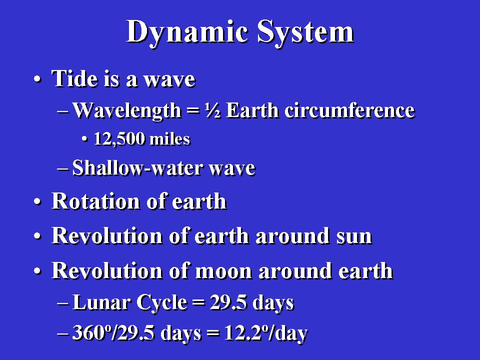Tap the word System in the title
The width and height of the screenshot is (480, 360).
305,32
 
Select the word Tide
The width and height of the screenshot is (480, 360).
75,78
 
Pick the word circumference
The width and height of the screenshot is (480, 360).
349,110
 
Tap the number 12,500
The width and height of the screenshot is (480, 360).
119,139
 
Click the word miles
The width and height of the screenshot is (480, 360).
170,139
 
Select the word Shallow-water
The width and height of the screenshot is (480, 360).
138,168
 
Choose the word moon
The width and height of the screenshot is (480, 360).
223,271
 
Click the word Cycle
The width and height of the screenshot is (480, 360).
161,303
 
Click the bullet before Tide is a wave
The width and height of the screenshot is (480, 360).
37,79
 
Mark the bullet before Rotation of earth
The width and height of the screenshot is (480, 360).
37,202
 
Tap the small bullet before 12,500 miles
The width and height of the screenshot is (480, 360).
85,140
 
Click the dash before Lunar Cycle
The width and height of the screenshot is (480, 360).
63,303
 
